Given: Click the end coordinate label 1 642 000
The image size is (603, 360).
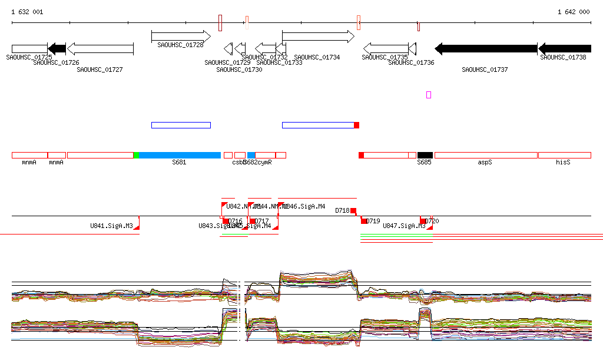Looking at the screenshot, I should pyautogui.click(x=574, y=12).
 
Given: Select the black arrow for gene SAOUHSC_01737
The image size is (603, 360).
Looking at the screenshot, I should pyautogui.click(x=486, y=48).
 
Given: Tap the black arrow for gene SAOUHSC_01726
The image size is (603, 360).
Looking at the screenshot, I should pyautogui.click(x=57, y=48).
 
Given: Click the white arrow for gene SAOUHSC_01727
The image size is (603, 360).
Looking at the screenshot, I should pyautogui.click(x=100, y=48).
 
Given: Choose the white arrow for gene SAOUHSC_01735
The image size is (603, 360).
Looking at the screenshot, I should pyautogui.click(x=386, y=48).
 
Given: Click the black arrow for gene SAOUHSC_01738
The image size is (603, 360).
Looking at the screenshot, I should pyautogui.click(x=565, y=48).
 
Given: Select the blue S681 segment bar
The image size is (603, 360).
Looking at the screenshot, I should pyautogui.click(x=180, y=155).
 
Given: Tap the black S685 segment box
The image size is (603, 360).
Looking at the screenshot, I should pyautogui.click(x=425, y=155).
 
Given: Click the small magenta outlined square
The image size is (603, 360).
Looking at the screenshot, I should pyautogui.click(x=429, y=95).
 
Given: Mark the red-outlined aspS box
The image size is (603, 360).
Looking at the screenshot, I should pyautogui.click(x=486, y=155).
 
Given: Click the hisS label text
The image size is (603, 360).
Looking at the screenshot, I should pyautogui.click(x=563, y=162).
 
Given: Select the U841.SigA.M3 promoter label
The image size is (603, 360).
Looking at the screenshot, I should pyautogui.click(x=111, y=226).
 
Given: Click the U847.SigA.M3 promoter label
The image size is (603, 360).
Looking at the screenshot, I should pyautogui.click(x=404, y=226).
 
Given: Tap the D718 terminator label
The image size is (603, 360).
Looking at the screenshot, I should pyautogui.click(x=342, y=210).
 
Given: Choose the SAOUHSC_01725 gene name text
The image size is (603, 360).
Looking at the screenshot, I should pyautogui.click(x=29, y=57).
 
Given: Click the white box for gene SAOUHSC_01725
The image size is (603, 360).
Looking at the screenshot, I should pyautogui.click(x=29, y=48).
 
